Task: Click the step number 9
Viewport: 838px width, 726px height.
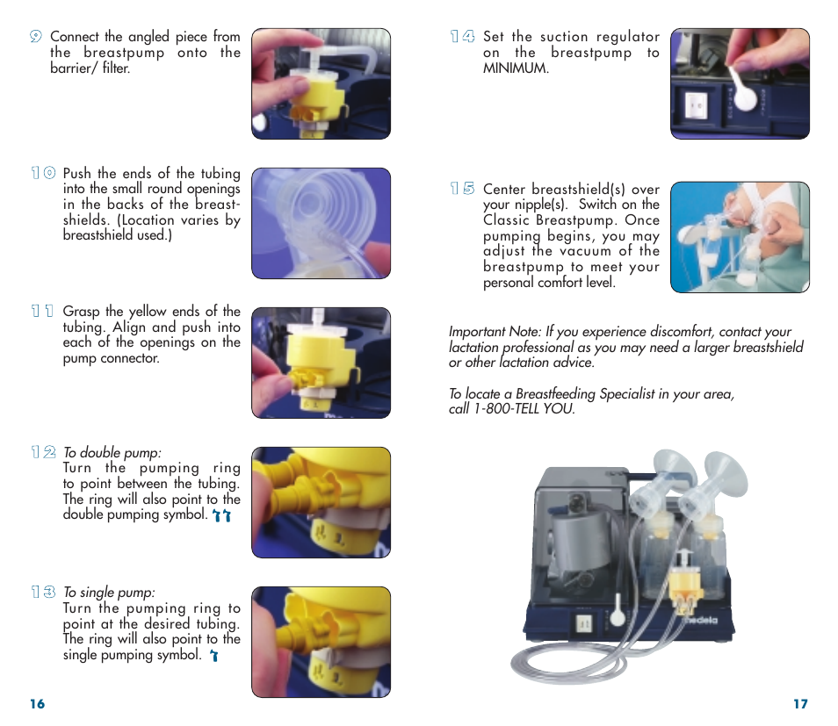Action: click(35, 37)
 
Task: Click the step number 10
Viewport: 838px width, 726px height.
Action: click(43, 174)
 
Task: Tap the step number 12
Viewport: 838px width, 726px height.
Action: click(43, 452)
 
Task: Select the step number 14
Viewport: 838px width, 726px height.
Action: click(462, 37)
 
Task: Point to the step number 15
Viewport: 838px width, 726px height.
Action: click(462, 189)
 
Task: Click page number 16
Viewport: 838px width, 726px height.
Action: click(36, 704)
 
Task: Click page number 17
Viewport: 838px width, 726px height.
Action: click(799, 704)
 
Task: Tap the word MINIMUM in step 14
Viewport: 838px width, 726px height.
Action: click(515, 68)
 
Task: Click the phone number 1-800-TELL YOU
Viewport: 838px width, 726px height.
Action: click(524, 409)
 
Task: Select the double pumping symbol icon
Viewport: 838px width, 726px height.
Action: click(223, 516)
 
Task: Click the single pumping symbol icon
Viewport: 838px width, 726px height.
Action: click(213, 655)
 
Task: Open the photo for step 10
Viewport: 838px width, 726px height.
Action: click(321, 223)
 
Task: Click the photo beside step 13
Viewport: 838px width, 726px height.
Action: click(321, 642)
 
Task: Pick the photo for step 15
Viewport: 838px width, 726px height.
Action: click(739, 237)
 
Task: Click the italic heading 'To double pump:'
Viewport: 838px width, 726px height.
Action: click(112, 453)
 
